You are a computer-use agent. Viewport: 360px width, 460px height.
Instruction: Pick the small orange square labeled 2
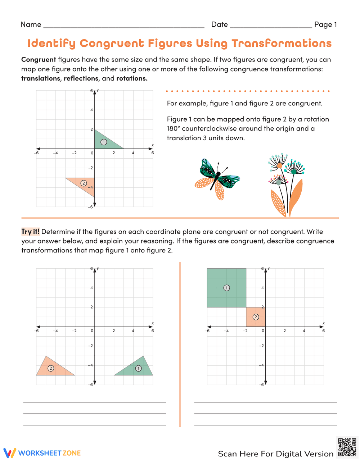point(256,317)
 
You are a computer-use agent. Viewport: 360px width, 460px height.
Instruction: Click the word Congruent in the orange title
point(112,44)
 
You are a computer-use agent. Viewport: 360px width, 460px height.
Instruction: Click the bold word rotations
point(132,78)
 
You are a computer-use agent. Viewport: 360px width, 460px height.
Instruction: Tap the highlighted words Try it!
point(31,232)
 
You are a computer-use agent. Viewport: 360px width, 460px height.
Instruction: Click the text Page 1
point(325,24)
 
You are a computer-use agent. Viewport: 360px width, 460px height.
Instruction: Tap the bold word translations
point(41,78)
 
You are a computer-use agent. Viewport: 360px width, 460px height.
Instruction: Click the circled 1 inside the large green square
point(226,288)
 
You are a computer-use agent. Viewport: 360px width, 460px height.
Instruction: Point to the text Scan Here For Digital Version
point(275,454)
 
